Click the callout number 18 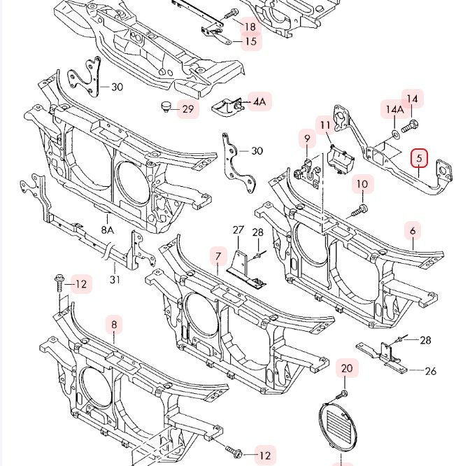point(250,27)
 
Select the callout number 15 point(251,41)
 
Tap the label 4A point(259,102)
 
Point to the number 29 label point(188,109)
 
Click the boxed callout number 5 point(419,158)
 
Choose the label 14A point(394,109)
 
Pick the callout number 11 point(325,125)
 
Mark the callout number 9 point(307,139)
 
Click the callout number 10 point(362,184)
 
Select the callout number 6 point(413,231)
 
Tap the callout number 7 point(218,257)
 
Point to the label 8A point(108,230)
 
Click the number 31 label point(115,279)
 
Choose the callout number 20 point(347,369)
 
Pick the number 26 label point(431,371)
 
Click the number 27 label point(238,230)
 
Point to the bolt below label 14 point(410,126)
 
